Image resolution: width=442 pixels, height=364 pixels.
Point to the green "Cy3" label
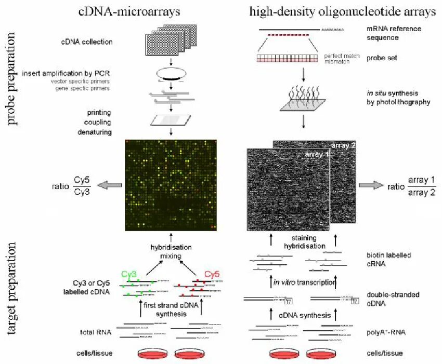point(130,274)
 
